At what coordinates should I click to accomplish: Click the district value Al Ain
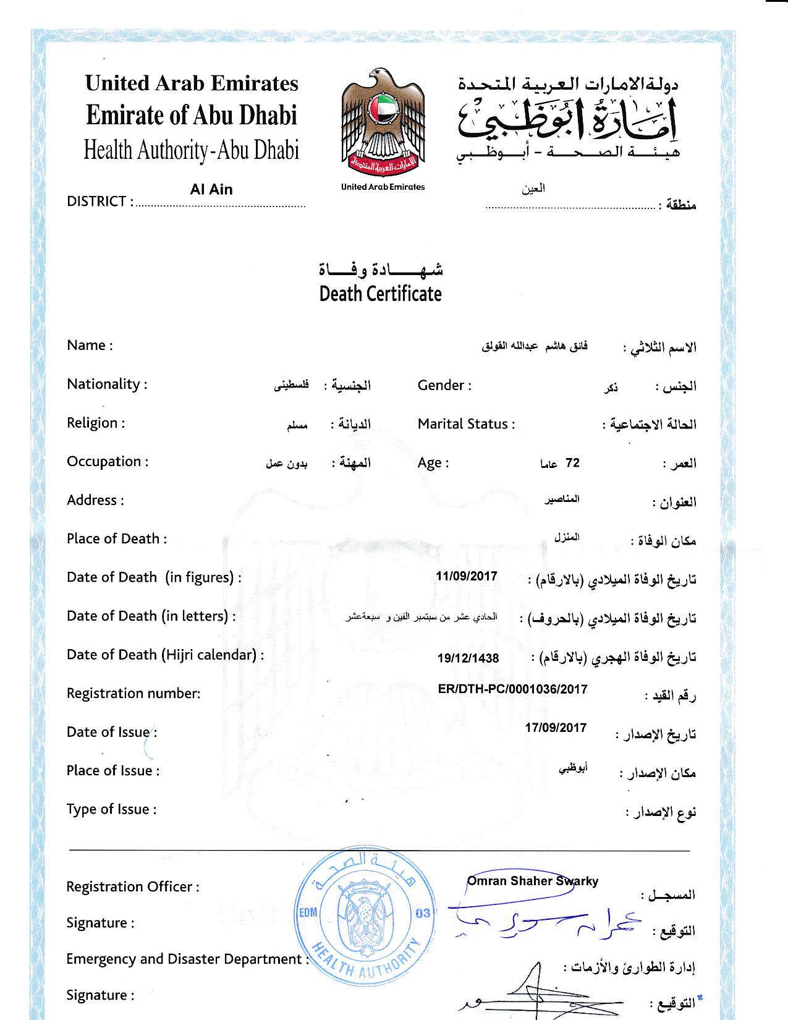[211, 190]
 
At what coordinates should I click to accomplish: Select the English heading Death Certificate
[380, 294]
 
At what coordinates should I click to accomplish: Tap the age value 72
[572, 463]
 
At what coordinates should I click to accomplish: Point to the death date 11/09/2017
[466, 576]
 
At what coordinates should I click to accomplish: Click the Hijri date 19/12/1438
[468, 658]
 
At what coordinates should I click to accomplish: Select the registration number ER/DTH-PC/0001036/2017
[512, 689]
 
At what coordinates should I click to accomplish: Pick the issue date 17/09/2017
[556, 728]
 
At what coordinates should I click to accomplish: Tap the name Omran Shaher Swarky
[532, 881]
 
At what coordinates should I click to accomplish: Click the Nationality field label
[107, 384]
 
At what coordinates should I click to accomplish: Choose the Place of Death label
[117, 538]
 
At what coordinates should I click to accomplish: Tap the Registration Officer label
[133, 886]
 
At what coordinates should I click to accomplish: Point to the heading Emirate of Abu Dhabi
[192, 116]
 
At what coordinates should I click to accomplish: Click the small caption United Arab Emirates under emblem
[383, 187]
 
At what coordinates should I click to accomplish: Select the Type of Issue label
[111, 809]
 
